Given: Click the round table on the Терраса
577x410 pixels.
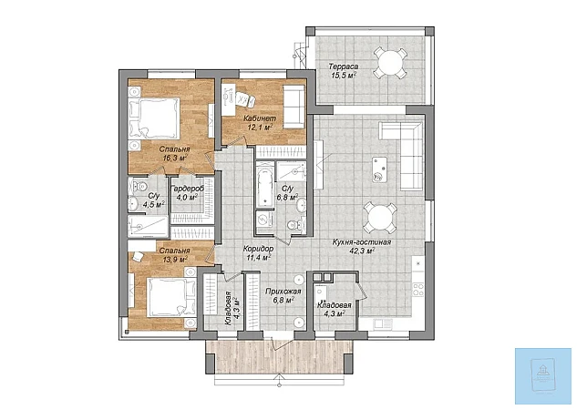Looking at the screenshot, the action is (390, 63).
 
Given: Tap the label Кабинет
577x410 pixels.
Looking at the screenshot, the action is (260, 118).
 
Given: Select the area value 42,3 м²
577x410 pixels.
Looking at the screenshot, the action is (362, 251).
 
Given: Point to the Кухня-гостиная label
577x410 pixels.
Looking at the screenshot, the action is (361, 242).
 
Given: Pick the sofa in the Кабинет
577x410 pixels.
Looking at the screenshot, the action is (294, 107).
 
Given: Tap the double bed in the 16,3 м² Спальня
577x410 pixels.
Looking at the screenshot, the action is (154, 118).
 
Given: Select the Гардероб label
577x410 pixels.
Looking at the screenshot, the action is (187, 189).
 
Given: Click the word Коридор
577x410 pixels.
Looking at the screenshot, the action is (258, 249).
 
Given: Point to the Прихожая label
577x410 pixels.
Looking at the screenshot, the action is (283, 292).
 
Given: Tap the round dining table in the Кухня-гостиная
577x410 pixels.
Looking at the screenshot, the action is (380, 218).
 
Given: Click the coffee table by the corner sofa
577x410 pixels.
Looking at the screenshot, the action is (379, 169).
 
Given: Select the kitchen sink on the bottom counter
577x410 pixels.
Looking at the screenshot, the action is (383, 324).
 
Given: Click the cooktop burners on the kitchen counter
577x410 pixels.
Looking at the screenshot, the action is (418, 289).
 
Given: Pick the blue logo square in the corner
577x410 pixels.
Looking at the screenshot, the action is (543, 376).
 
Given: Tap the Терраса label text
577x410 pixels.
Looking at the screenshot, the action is (344, 67).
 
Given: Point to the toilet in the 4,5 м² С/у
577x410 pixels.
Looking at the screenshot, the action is (139, 186).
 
